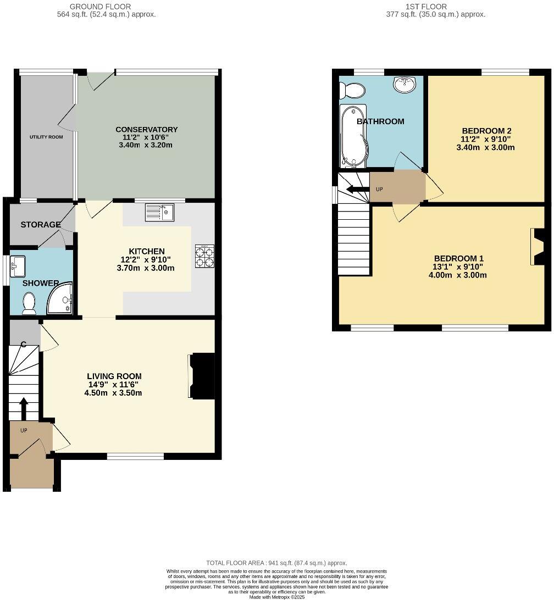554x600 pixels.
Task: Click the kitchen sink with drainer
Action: coord(159,212)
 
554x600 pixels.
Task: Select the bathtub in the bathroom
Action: coord(353,135)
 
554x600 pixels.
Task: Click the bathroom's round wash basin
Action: coord(405,84)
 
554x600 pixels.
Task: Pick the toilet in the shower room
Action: coord(29,303)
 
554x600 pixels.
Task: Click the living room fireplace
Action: coord(202,376)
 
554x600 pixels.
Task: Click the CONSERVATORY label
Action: coord(146,130)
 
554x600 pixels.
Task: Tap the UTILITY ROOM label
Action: coord(46,137)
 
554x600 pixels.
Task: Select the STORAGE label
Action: coord(41,225)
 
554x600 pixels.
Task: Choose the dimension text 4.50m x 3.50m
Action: coord(114,393)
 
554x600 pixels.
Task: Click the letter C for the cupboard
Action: coord(24,344)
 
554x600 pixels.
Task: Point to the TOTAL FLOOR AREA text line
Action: coord(276,563)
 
